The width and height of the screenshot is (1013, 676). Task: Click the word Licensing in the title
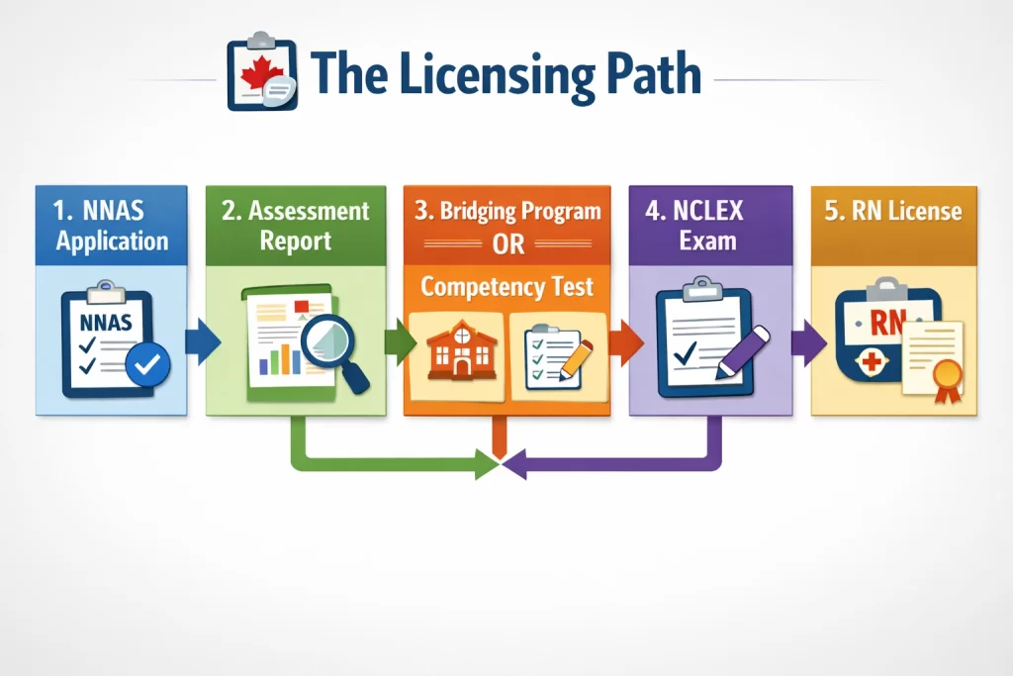(463, 76)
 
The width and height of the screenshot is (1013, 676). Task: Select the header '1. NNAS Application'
(111, 226)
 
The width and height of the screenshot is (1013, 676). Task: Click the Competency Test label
(506, 287)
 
